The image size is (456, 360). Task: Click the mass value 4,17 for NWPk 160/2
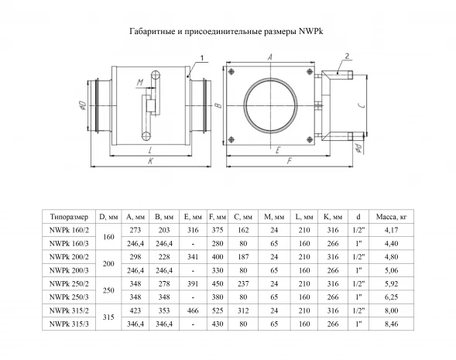point(391,230)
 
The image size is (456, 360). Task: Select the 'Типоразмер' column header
point(69,217)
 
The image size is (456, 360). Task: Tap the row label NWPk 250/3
point(69,297)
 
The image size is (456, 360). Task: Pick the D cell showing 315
point(108,317)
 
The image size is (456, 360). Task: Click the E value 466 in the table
point(193,310)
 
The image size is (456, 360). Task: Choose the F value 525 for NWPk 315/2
point(218,310)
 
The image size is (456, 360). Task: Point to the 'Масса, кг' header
point(391,217)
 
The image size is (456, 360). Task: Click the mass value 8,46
point(391,324)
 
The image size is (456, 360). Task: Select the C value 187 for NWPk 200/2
point(243,257)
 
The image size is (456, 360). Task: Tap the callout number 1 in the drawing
point(202,58)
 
